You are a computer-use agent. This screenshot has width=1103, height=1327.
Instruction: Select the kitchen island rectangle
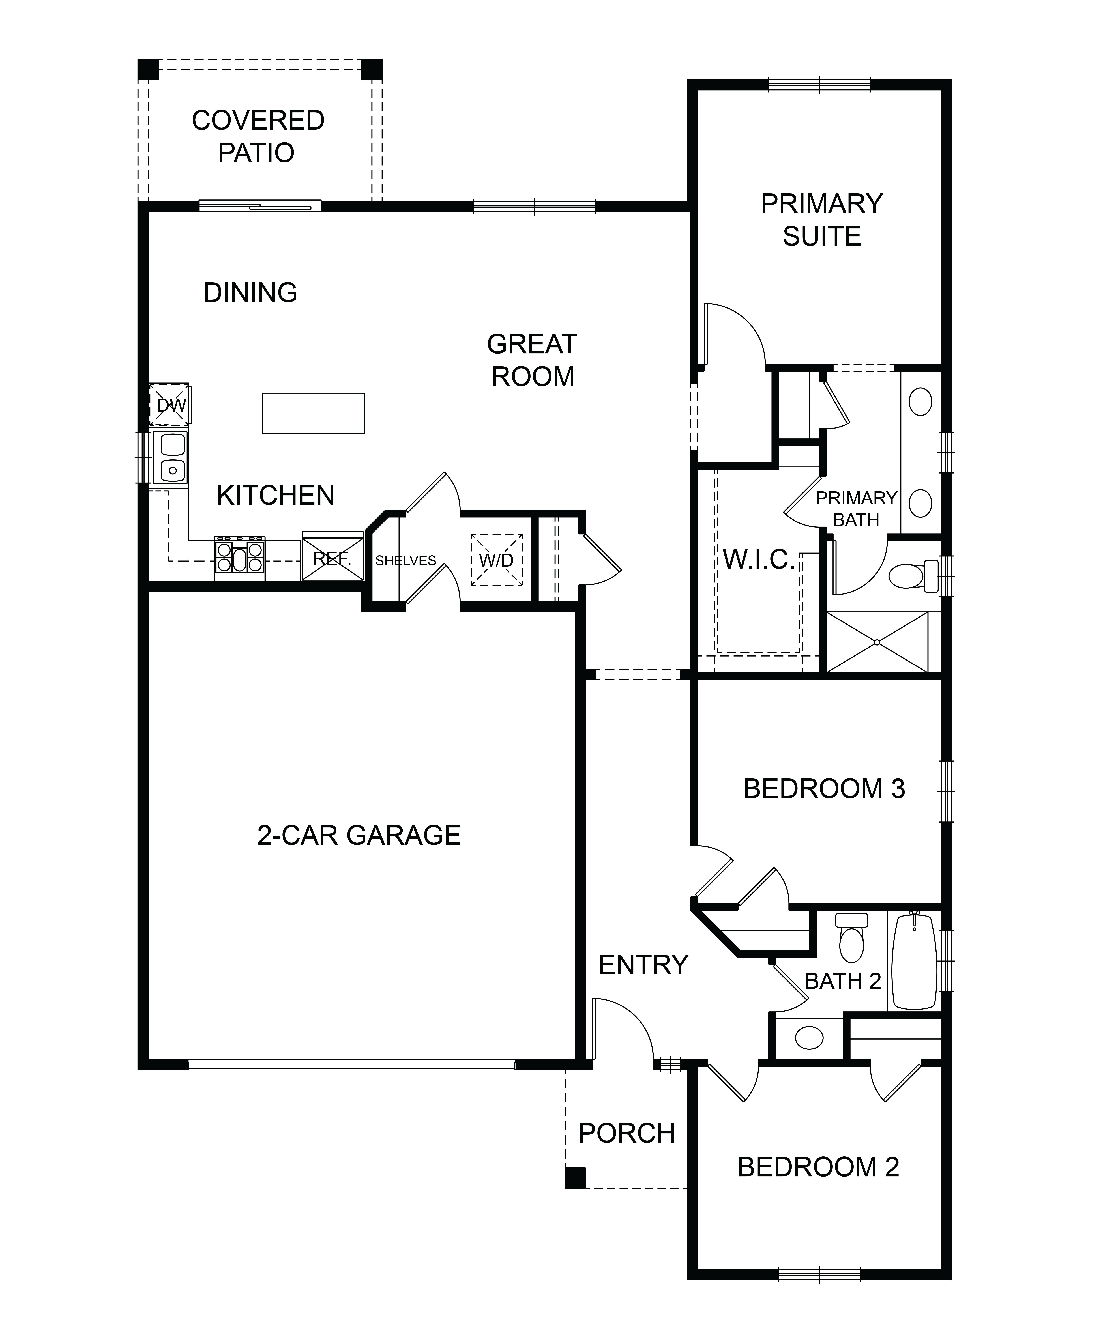pyautogui.click(x=314, y=413)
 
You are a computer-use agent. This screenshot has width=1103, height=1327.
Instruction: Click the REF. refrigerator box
pyautogui.click(x=332, y=556)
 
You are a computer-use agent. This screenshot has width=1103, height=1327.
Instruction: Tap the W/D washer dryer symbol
pyautogui.click(x=496, y=560)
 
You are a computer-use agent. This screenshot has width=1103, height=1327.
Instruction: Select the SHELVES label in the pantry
pyautogui.click(x=406, y=560)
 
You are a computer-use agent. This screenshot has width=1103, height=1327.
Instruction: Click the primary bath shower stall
pyautogui.click(x=877, y=642)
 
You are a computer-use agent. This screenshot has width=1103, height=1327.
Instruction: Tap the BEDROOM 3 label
pyautogui.click(x=824, y=789)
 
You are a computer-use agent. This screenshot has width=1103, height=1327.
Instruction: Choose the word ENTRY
pyautogui.click(x=643, y=965)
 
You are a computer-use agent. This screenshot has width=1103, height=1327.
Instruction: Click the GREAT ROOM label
pyautogui.click(x=532, y=360)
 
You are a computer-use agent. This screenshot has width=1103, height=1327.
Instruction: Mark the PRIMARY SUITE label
pyautogui.click(x=822, y=220)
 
